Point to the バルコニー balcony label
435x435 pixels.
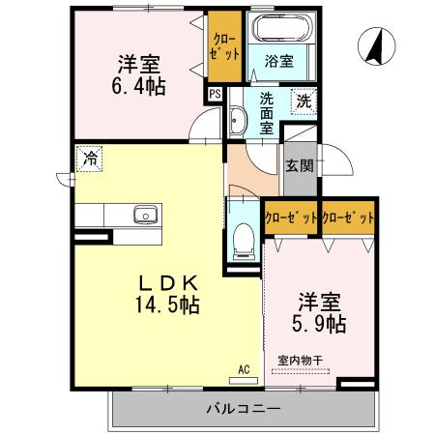click(x=243, y=409)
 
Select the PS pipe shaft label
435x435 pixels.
click(x=215, y=94)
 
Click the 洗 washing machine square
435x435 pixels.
click(x=304, y=100)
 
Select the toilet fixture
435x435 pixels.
click(x=243, y=237)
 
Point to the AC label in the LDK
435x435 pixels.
click(x=244, y=367)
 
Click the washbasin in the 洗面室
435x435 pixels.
click(x=239, y=122)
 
